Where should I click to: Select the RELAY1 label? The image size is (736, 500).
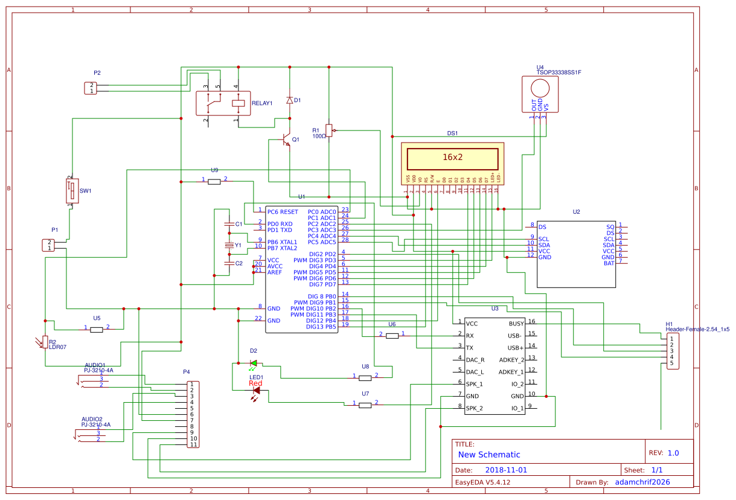pos(262,103)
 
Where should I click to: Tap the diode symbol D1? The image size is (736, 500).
pos(289,100)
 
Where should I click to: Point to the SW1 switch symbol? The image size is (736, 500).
pos(71,191)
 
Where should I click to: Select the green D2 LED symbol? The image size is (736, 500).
pos(254,363)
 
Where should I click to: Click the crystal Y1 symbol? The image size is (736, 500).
pos(229,245)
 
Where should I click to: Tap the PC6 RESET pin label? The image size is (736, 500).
pos(283,212)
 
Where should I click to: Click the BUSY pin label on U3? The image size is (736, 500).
pos(516,324)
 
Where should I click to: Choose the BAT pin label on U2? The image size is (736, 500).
pos(609,263)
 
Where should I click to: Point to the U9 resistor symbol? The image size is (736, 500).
pos(214,181)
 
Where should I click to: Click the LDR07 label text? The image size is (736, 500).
pos(57,347)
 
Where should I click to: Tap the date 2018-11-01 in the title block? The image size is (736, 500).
pos(506,470)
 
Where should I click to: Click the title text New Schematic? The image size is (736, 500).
pos(488,455)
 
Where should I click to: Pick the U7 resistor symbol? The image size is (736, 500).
pos(365,405)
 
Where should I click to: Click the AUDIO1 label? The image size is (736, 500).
pos(95,365)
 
